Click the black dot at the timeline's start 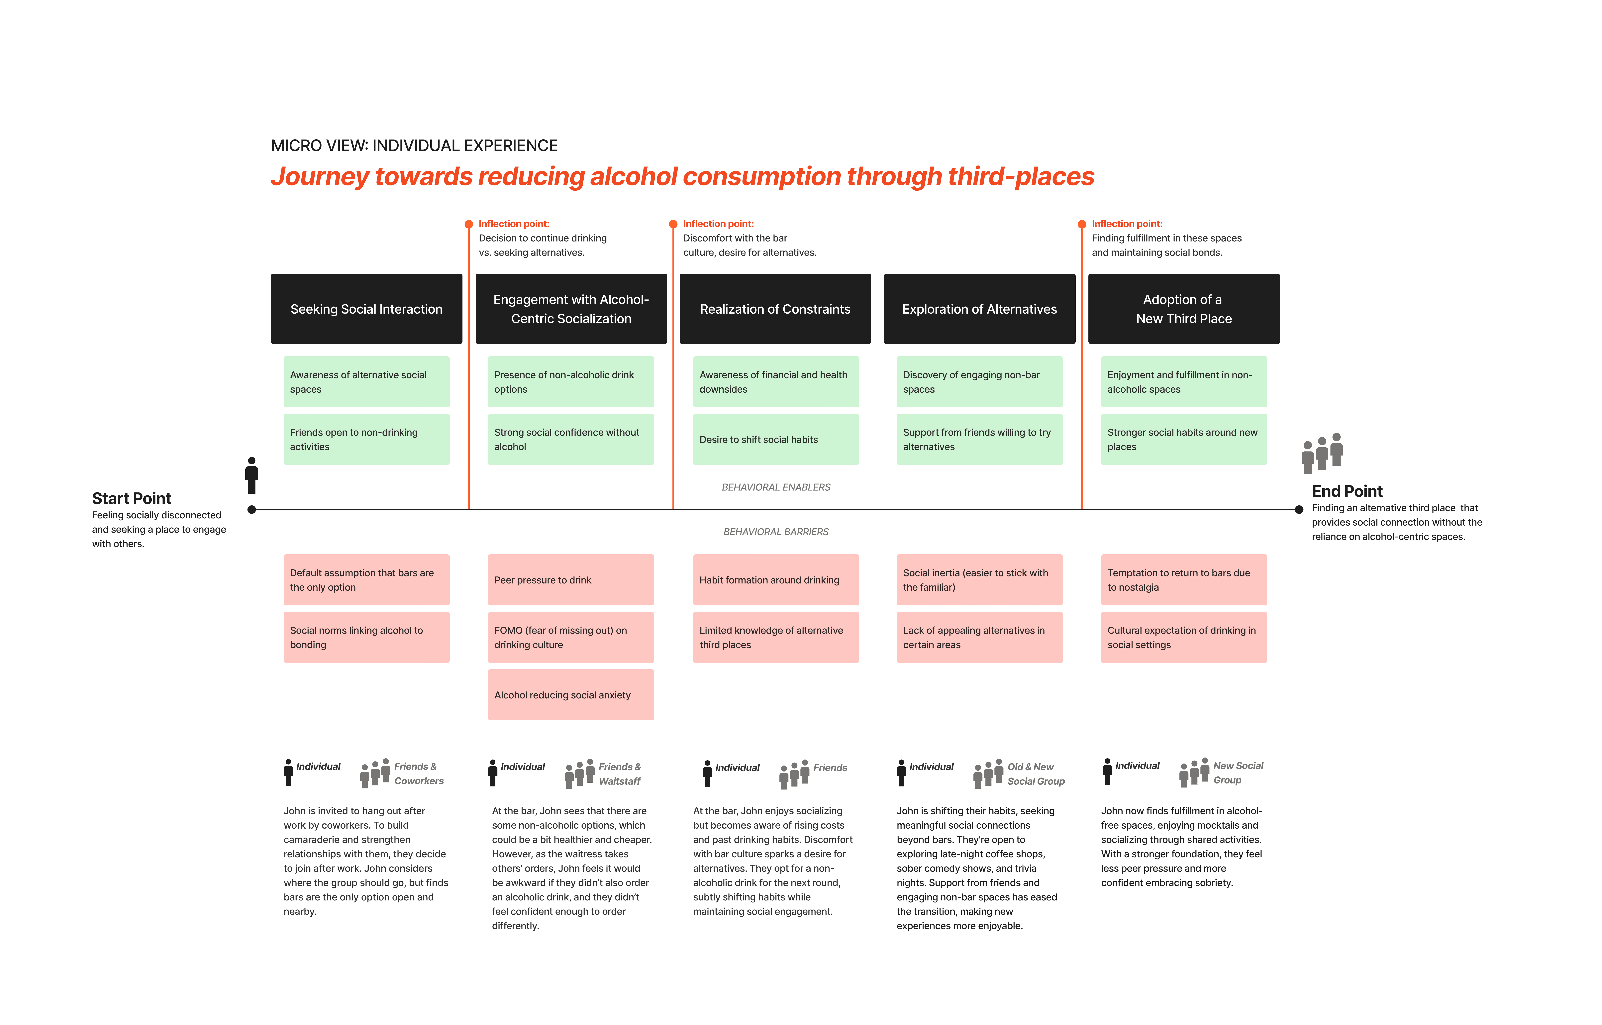(x=251, y=510)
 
